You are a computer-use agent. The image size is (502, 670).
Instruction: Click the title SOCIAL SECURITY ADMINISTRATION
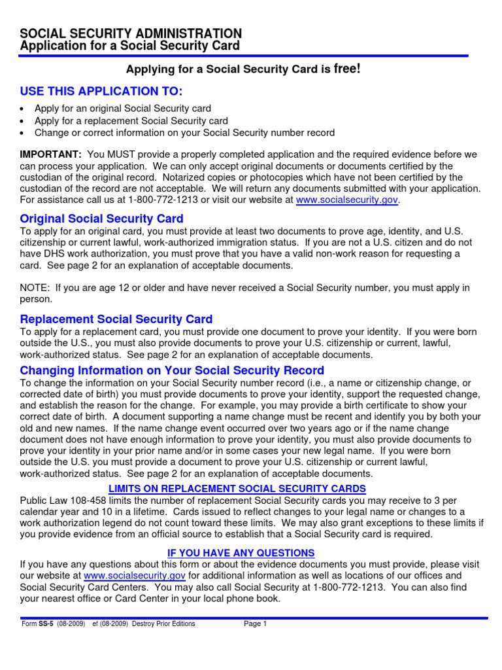point(131,33)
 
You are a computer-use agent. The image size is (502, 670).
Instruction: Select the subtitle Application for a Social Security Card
point(130,46)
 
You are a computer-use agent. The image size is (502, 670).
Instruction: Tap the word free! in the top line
point(347,69)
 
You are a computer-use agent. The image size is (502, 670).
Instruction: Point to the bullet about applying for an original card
point(122,109)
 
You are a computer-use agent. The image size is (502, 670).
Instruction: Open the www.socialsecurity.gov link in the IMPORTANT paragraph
point(346,200)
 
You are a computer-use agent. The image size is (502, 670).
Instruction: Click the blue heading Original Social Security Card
point(101,219)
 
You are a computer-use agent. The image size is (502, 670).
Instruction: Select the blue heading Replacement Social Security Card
point(116,319)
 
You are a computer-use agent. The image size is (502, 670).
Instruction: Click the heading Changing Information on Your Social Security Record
point(172,371)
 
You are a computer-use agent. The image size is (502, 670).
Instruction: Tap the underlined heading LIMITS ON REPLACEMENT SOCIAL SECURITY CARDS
point(237,489)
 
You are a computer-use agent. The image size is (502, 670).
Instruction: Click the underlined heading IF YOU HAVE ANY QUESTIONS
point(241,553)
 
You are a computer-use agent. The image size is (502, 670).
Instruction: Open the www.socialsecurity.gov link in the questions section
point(135,576)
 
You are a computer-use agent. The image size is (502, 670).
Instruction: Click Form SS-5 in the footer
point(41,624)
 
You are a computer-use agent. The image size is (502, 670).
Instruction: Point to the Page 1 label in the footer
point(256,624)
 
